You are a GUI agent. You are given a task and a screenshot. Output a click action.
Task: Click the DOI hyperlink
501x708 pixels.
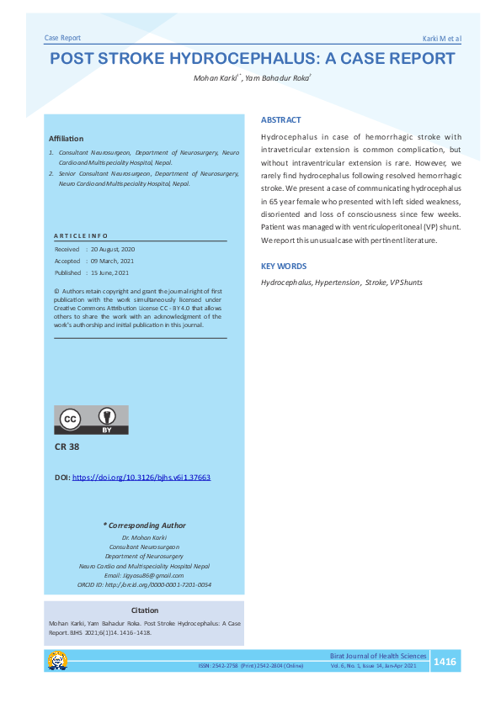tap(141, 477)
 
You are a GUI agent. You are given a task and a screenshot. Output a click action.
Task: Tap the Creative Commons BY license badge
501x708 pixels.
tap(92, 420)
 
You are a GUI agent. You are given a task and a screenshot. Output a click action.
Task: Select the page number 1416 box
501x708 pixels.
tap(444, 663)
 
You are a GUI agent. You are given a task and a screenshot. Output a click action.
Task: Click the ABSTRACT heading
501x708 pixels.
tap(280, 120)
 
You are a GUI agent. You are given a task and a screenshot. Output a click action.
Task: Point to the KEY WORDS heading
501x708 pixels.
tap(283, 267)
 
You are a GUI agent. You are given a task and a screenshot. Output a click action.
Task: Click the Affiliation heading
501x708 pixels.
tap(66, 138)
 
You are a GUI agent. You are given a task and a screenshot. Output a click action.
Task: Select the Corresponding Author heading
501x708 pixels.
tap(144, 526)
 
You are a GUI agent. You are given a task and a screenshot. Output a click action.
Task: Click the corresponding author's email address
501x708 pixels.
tap(144, 574)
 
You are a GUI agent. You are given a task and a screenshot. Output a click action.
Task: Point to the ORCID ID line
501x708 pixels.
tap(144, 584)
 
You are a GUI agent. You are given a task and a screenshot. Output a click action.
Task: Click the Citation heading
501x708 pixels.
tap(145, 610)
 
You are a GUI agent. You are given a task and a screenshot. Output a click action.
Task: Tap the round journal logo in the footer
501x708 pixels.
tap(58, 662)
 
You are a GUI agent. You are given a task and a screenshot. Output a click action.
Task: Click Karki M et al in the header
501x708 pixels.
tap(441, 40)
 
